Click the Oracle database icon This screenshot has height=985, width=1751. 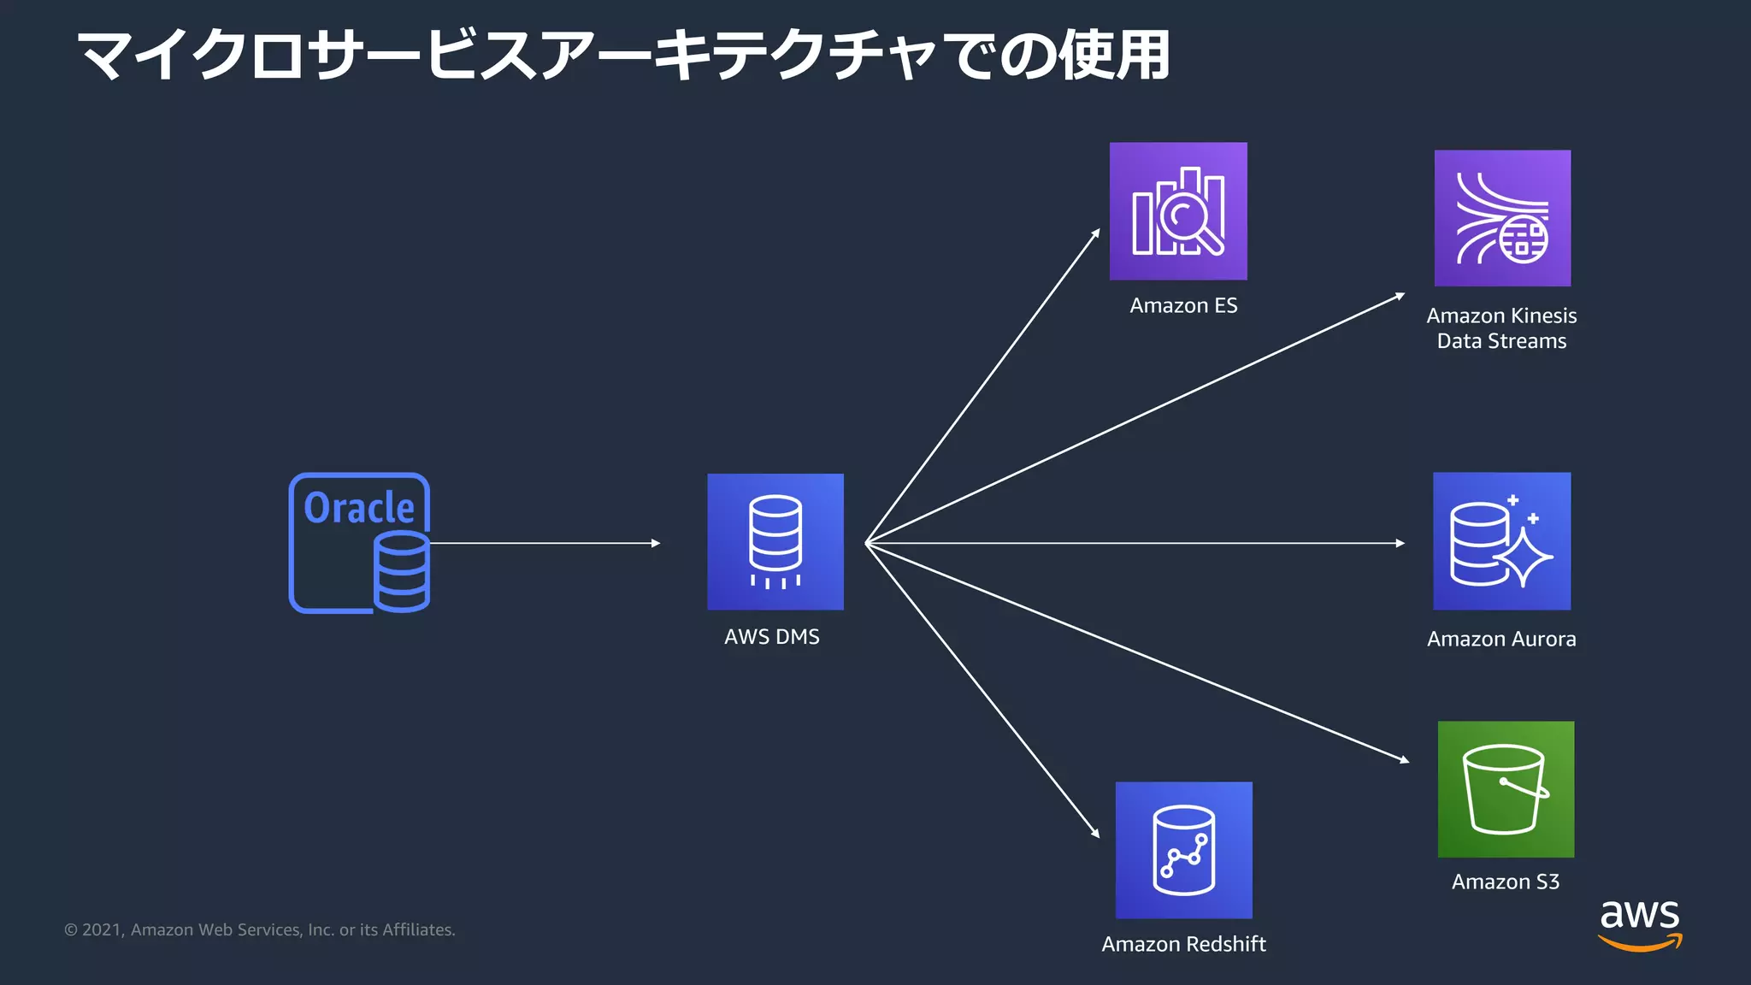[359, 542]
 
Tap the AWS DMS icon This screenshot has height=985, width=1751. [775, 541]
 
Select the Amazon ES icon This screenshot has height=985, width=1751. [1177, 211]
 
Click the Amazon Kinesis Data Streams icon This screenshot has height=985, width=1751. [1502, 218]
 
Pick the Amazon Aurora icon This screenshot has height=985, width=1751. [1501, 541]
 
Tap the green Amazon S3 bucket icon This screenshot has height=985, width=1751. [1506, 789]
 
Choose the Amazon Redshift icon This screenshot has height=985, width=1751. [1183, 850]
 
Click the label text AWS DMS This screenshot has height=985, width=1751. [771, 637]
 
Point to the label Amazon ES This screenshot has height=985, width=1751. [1183, 306]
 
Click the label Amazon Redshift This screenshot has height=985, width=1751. [1183, 944]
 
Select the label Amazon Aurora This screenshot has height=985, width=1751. [1501, 640]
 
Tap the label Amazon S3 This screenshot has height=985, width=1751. [1506, 882]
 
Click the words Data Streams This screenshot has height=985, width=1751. [1501, 341]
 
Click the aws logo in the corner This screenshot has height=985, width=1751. [1639, 923]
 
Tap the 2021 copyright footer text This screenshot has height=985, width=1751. [259, 930]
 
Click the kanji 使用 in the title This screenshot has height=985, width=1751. [1115, 56]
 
